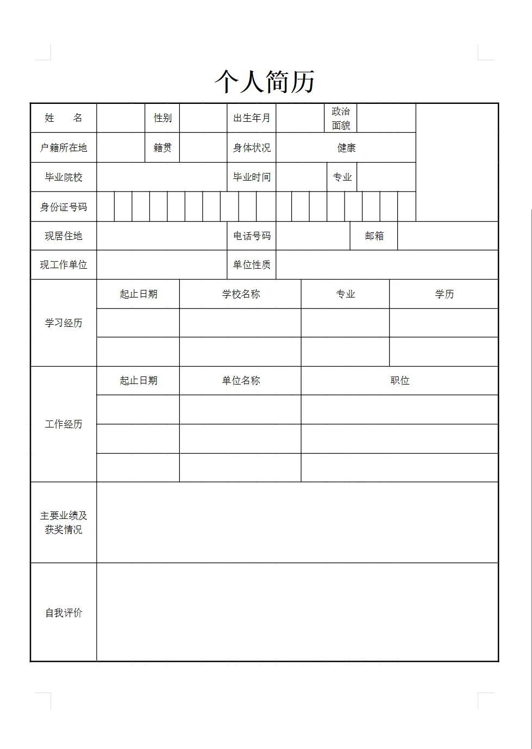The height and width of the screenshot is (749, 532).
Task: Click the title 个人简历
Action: (265, 82)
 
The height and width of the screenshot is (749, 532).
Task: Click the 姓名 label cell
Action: (64, 118)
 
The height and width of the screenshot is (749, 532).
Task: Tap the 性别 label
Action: (162, 118)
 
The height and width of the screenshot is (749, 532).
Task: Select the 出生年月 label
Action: (252, 118)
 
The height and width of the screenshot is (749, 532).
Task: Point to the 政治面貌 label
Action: (341, 118)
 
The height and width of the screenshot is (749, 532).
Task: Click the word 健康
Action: (346, 148)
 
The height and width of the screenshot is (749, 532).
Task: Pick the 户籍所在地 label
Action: (64, 148)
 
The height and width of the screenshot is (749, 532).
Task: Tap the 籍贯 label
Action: (162, 148)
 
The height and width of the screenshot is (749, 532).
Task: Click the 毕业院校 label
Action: (64, 177)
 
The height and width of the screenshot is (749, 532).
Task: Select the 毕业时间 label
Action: (252, 177)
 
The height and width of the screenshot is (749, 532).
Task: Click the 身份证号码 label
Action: (64, 207)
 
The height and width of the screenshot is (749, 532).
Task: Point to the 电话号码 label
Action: (252, 236)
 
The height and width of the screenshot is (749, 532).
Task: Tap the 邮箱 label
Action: (374, 236)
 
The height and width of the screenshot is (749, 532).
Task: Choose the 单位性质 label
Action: (252, 265)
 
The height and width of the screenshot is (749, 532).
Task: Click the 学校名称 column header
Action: (241, 294)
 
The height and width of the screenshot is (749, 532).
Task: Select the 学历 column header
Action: (444, 294)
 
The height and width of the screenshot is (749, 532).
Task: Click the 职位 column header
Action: (399, 381)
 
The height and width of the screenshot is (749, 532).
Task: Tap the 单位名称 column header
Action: (241, 381)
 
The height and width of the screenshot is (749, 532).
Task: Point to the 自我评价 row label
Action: (64, 613)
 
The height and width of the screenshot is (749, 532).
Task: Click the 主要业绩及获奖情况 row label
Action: (64, 522)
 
